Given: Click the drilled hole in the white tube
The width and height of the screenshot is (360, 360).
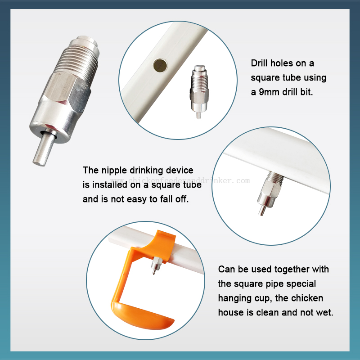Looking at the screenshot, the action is (x=160, y=65).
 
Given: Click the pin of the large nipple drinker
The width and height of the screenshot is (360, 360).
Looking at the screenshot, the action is (x=44, y=148).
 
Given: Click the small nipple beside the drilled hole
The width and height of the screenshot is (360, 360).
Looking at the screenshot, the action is (x=199, y=91).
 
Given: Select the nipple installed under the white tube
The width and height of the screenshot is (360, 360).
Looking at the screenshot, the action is (x=269, y=193).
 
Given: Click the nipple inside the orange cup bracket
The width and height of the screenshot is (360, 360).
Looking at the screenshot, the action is (x=155, y=265).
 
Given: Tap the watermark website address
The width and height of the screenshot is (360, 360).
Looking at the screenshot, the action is (x=180, y=181).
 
